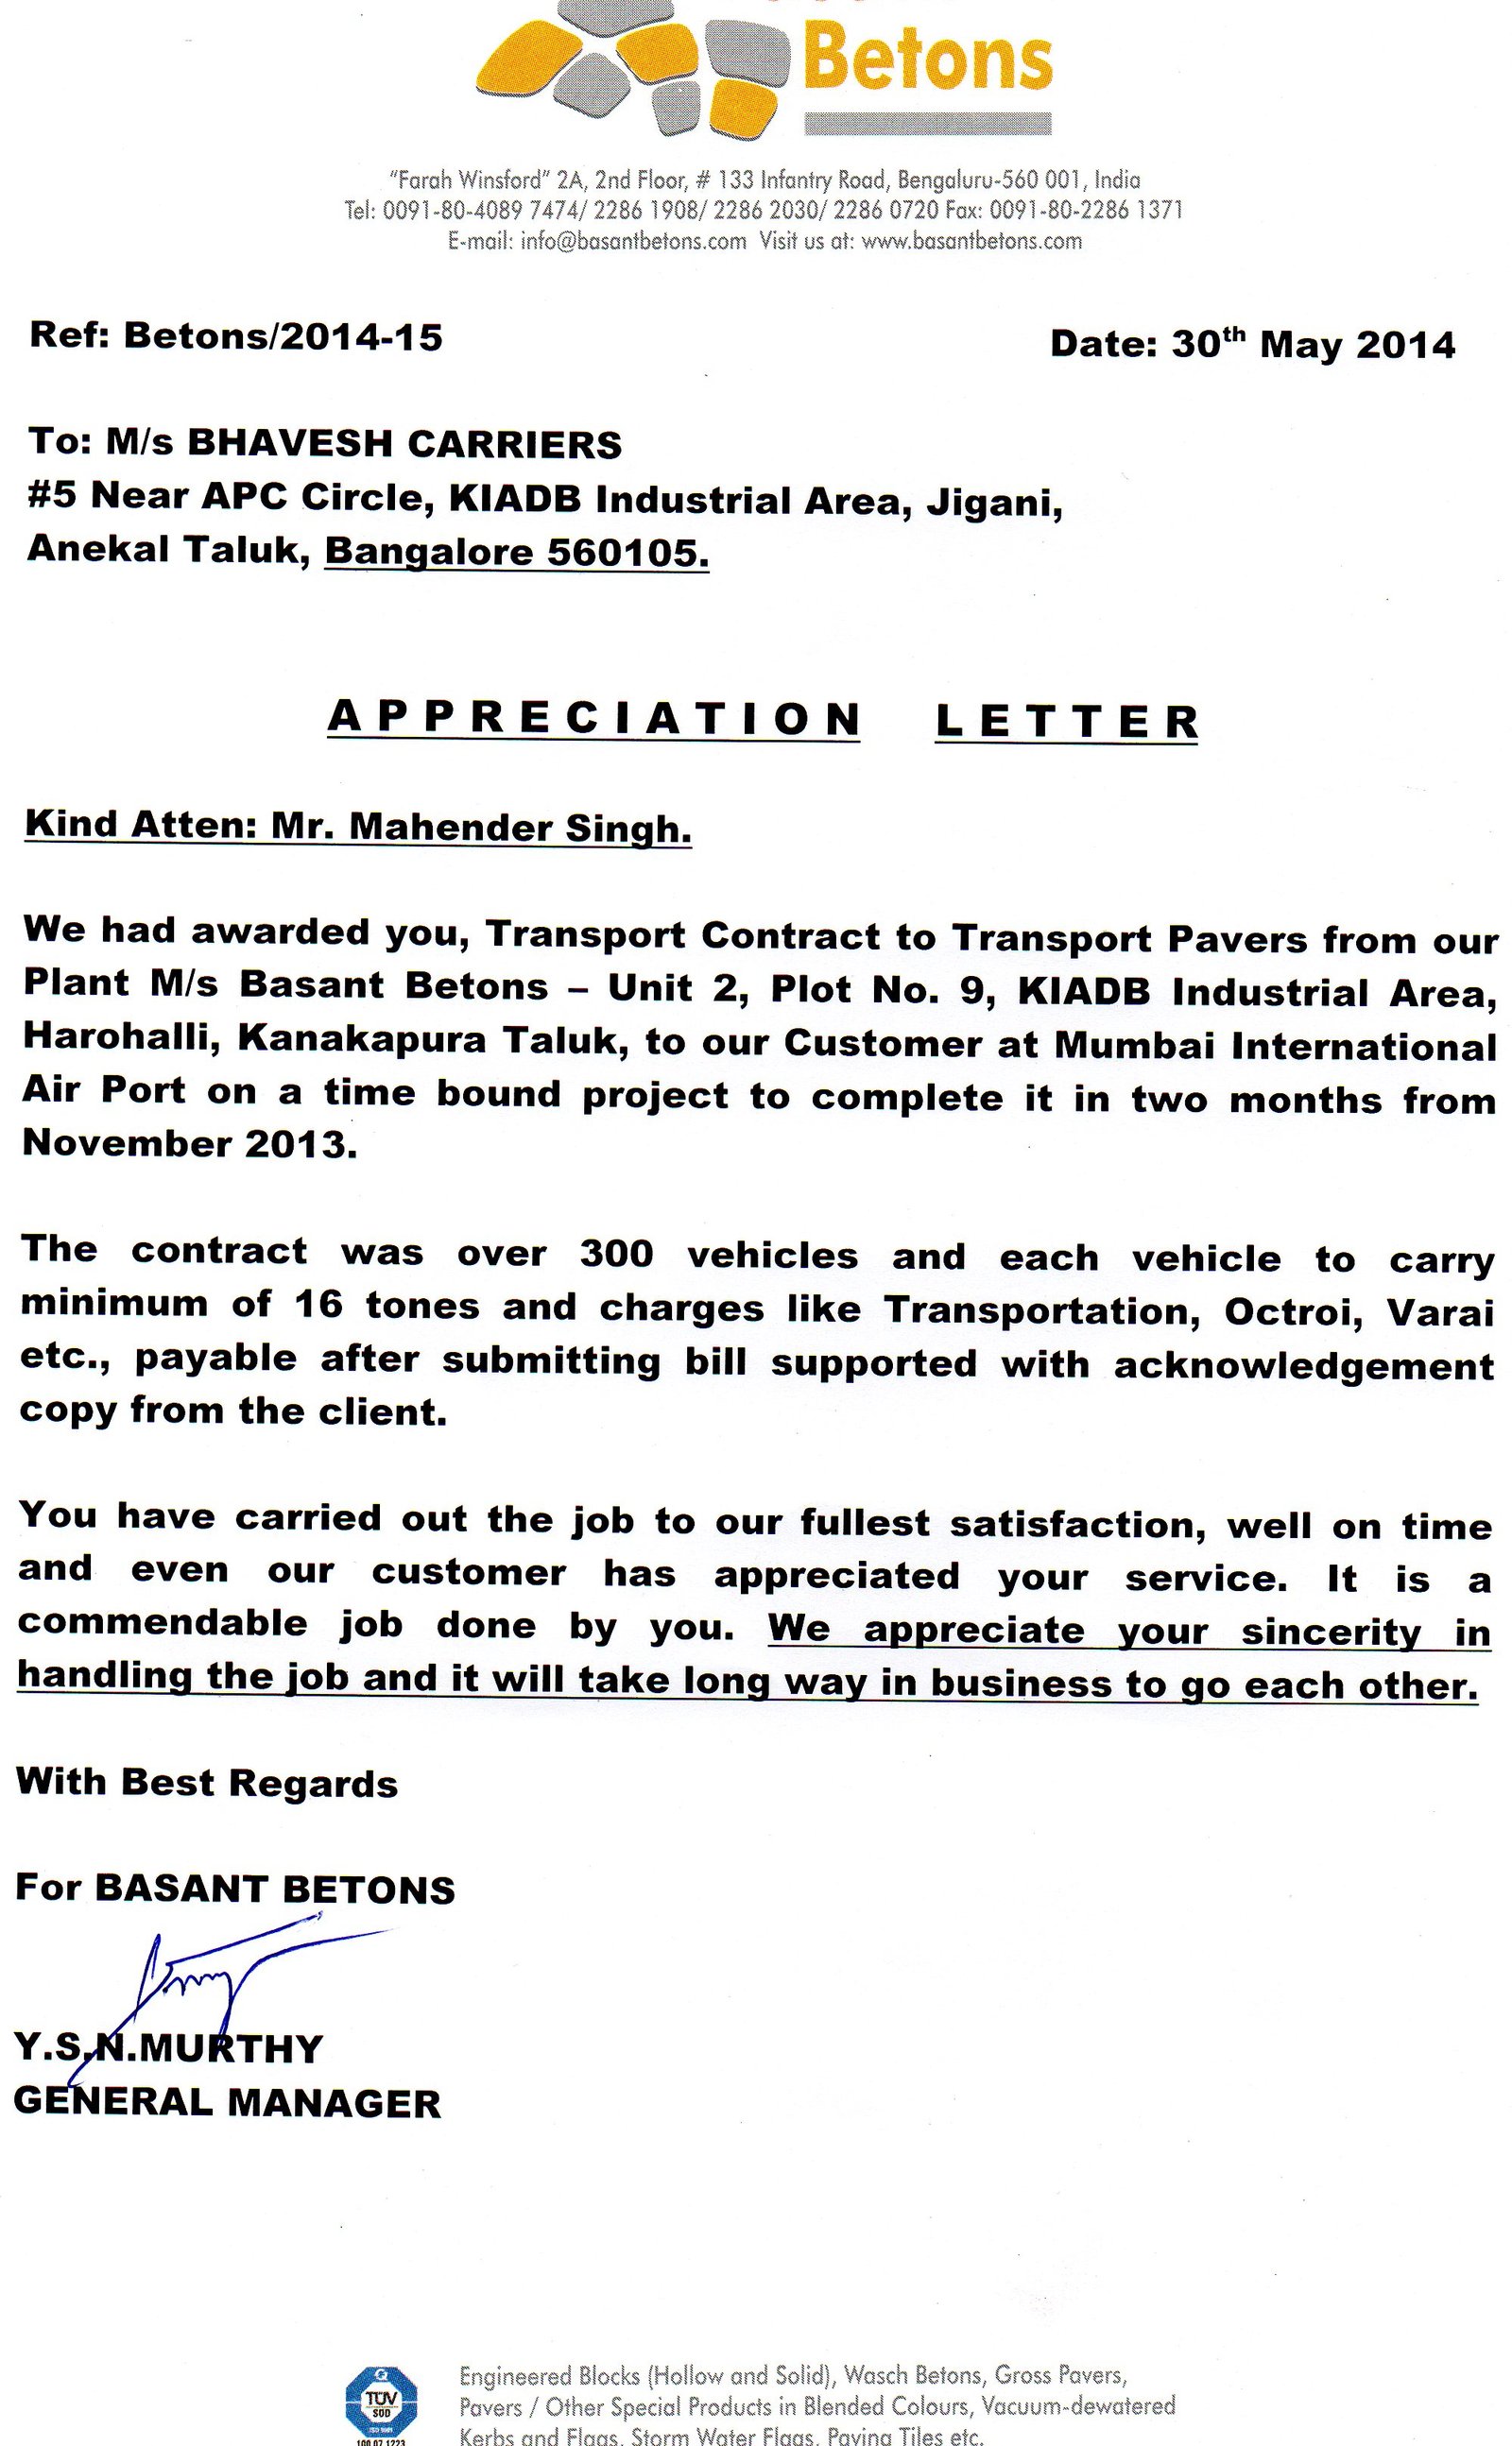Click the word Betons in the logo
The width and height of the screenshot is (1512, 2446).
927,60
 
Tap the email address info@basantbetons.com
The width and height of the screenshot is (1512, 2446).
633,241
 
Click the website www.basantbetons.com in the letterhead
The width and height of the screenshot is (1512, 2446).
971,241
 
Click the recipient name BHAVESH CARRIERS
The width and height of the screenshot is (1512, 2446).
405,444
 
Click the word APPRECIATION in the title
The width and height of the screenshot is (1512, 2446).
594,719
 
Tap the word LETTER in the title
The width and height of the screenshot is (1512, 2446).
1066,722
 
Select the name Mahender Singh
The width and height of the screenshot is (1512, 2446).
520,827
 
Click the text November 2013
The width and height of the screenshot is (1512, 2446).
189,1142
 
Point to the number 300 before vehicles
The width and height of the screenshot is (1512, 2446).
616,1254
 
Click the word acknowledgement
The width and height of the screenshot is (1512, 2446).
1304,1365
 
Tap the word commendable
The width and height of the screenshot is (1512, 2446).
162,1622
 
